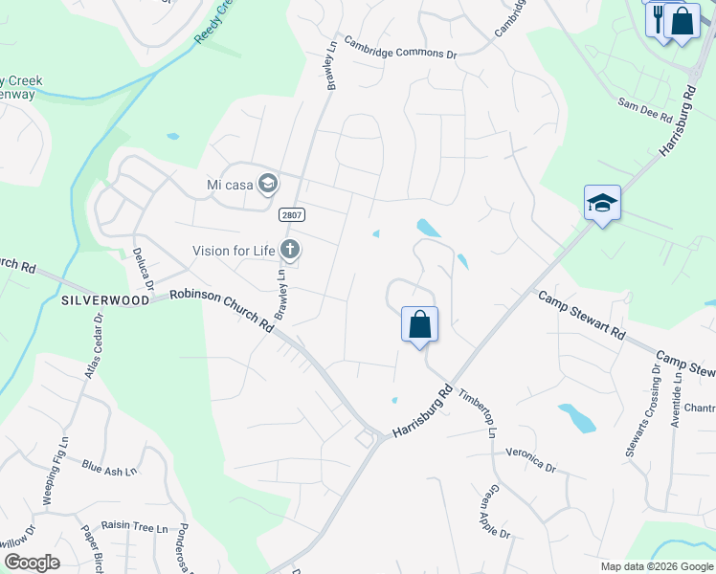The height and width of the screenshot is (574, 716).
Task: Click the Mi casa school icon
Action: (268, 184)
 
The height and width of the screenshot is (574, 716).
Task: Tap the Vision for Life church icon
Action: (290, 251)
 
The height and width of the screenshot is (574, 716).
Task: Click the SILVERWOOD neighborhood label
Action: (105, 300)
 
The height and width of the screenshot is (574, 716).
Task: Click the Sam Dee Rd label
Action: (645, 109)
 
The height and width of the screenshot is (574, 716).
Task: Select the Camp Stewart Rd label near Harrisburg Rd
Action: (582, 316)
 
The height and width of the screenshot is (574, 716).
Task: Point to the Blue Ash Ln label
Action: (110, 469)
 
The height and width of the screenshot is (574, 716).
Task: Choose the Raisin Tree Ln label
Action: (134, 527)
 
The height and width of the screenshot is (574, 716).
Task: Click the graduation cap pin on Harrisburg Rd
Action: (602, 203)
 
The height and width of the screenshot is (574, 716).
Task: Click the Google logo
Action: (33, 563)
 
